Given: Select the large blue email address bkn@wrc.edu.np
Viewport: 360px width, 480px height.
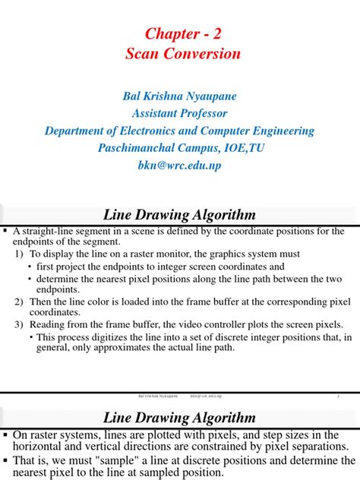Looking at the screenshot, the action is (x=180, y=164).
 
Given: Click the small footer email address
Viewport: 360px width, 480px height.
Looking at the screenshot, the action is (x=211, y=396).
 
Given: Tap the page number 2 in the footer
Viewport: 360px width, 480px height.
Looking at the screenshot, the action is (x=336, y=396).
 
